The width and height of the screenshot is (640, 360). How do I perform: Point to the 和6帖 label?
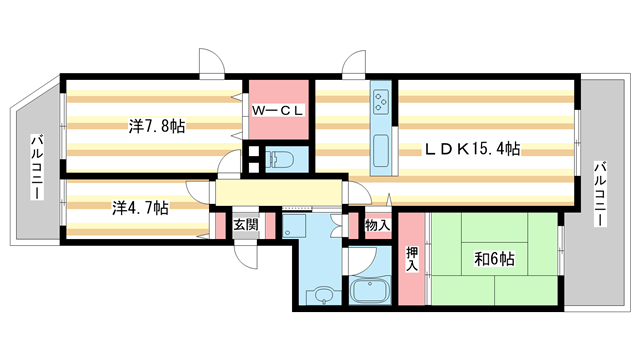coord(494,259)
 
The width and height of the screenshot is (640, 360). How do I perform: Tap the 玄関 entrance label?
coord(246,225)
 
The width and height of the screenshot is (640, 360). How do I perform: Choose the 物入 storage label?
coord(376,227)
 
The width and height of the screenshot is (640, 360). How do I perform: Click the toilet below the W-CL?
coord(280,157)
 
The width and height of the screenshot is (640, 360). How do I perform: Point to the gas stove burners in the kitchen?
coord(383,101)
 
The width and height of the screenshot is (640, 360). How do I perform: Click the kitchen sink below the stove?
coord(382,151)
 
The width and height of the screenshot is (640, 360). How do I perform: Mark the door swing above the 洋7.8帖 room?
coord(211,62)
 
